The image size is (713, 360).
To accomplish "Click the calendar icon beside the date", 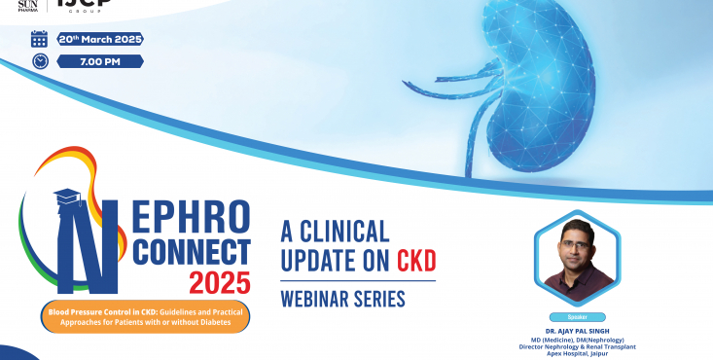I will tap(40, 40).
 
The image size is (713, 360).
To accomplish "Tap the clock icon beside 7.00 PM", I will tap(40, 61).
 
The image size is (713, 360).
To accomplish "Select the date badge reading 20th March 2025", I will tap(100, 39).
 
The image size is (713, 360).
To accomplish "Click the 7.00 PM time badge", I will tap(100, 61).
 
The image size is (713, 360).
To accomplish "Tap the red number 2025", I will tap(218, 284).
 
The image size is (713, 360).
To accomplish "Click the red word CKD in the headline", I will tap(416, 262).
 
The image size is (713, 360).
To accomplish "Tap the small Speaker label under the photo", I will tap(577, 316).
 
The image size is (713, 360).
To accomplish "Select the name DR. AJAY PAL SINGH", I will tap(577, 329).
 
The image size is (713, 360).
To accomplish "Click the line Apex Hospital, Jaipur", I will tap(577, 354).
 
